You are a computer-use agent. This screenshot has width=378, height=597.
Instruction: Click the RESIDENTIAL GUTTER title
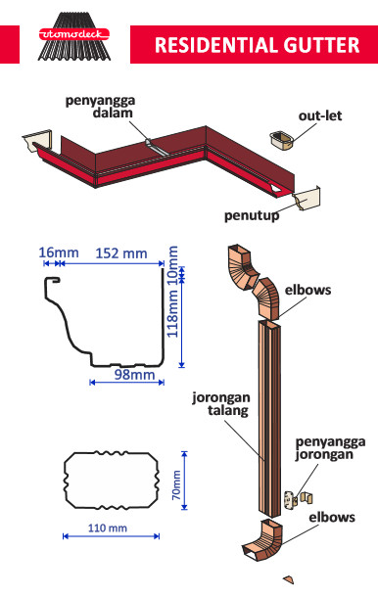click(258, 45)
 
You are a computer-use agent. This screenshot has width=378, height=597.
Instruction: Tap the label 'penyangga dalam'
click(99, 107)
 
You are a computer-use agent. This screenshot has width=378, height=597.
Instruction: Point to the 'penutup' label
click(252, 215)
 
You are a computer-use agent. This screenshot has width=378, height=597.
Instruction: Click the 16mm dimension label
click(58, 253)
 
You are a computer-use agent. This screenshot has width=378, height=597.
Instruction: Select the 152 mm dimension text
click(120, 253)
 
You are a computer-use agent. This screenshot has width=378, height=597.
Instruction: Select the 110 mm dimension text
click(107, 528)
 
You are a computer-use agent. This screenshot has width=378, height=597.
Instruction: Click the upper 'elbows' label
click(308, 291)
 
